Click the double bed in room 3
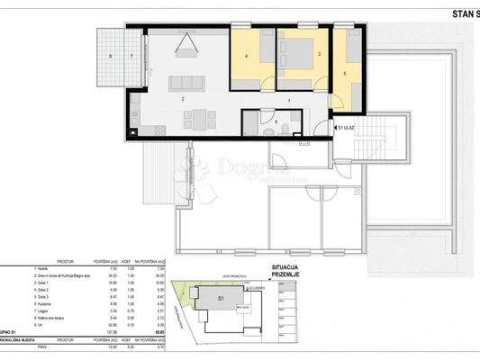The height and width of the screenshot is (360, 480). point(296,49)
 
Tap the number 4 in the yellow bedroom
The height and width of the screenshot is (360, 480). point(246,57)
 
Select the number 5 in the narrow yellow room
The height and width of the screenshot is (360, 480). point(346,74)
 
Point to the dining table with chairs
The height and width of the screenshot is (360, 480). point(199,117)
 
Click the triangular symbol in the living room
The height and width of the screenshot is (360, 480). point(188,42)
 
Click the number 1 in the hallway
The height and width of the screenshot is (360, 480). point(289,101)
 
